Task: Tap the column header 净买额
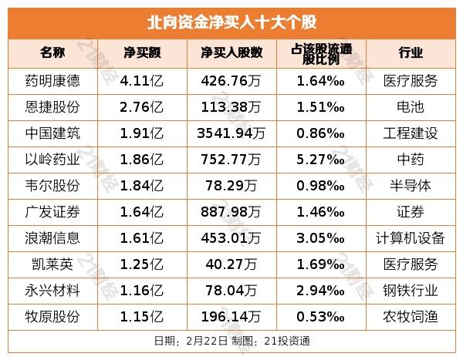pos(141,52)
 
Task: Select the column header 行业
pos(411,52)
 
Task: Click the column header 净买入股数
pos(231,52)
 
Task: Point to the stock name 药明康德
pos(52,79)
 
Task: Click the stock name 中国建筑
pos(52,133)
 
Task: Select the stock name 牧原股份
pos(52,317)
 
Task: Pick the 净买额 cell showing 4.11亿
pos(141,79)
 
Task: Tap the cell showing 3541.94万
pos(231,133)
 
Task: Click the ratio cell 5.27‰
pos(319,159)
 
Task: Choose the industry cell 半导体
pos(411,185)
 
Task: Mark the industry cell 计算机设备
pos(411,237)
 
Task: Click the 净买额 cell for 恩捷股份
pos(141,106)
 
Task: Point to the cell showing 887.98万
pos(231,211)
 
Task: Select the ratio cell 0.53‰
pos(319,317)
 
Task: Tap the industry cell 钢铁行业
pos(411,291)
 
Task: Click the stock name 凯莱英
pos(52,264)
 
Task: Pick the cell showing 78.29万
pos(231,185)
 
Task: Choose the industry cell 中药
pos(411,159)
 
